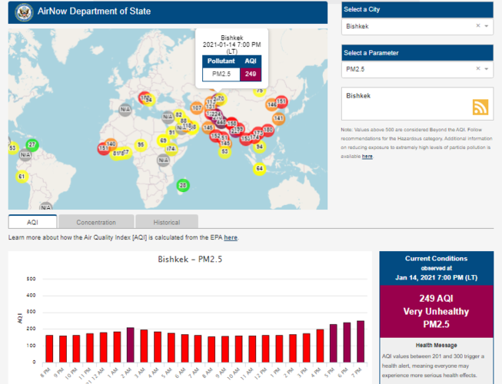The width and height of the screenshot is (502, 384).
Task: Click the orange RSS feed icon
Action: point(480,108)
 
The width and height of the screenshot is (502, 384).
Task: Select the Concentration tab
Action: point(96,222)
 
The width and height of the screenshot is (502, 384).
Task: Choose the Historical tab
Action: point(167,222)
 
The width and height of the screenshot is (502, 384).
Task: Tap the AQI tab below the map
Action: point(32,222)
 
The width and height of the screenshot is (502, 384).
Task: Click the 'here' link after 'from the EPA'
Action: point(231,238)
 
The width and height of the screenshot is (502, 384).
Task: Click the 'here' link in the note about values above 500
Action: point(367,156)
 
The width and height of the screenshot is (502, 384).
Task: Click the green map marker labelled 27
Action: point(32,144)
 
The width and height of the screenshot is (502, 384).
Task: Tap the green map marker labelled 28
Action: point(182,184)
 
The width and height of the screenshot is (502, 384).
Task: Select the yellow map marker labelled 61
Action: point(22,177)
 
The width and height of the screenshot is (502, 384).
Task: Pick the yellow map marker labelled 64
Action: point(259,167)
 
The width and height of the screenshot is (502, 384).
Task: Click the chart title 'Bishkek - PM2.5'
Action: point(190,260)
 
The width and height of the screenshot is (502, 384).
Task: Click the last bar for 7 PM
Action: point(361,341)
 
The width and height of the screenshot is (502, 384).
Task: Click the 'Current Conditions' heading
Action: point(435,259)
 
